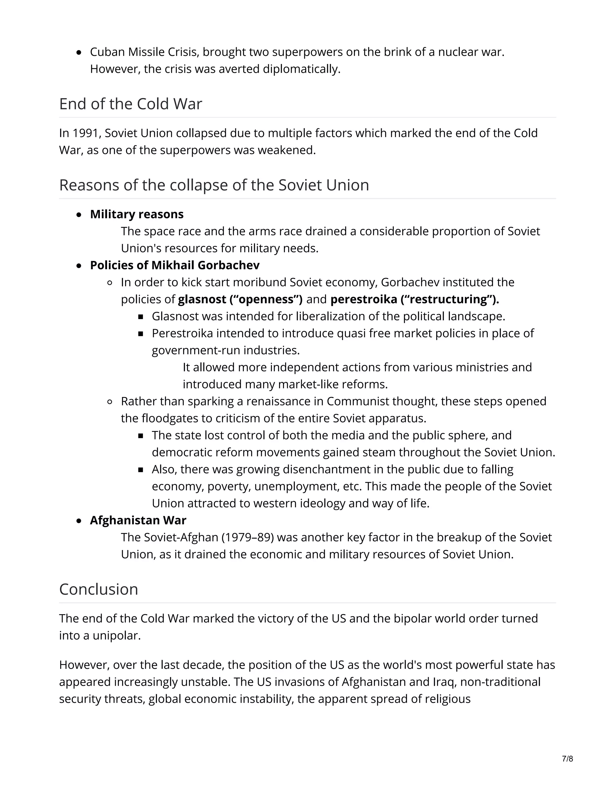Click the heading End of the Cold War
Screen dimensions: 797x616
[x=130, y=104]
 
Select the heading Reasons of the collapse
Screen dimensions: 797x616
[x=214, y=185]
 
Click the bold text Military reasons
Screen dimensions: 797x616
[x=137, y=214]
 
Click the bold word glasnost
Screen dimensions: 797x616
[x=202, y=299]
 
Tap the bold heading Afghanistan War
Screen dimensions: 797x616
[x=138, y=520]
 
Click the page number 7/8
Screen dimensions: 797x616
[x=568, y=759]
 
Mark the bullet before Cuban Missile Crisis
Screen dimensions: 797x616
[x=79, y=53]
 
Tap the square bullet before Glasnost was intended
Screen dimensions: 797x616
[x=141, y=317]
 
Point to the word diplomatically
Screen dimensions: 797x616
[x=301, y=69]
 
